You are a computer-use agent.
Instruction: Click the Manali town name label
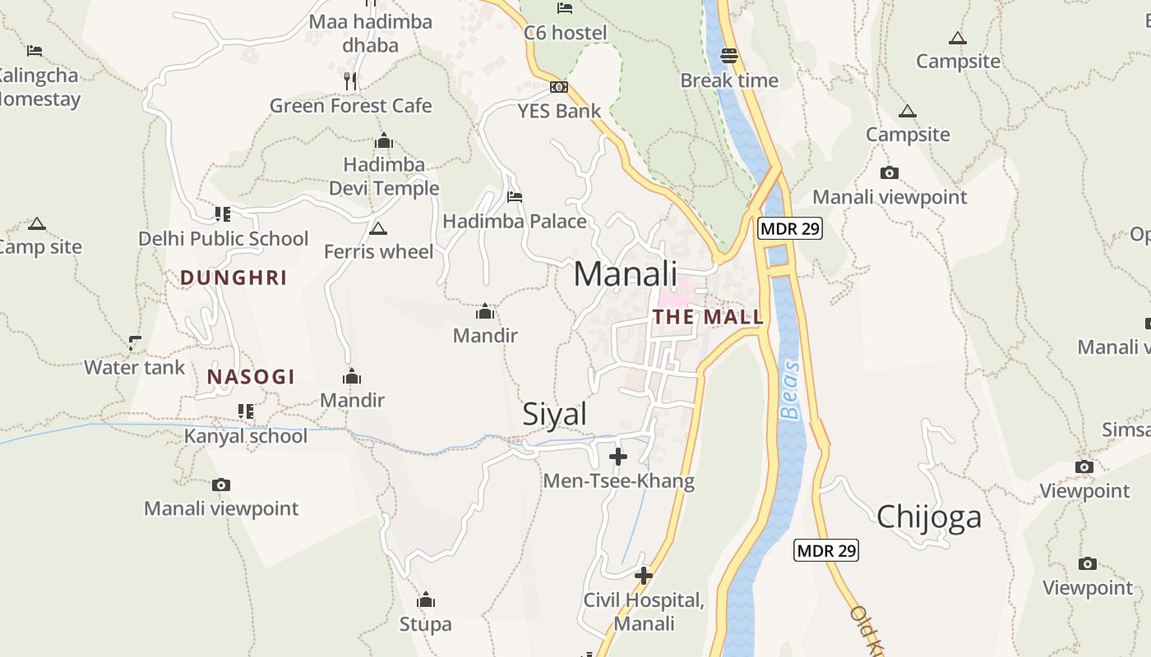click(625, 274)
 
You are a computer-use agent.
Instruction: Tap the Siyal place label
click(555, 415)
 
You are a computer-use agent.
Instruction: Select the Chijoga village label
click(929, 517)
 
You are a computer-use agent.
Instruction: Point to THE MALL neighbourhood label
click(708, 317)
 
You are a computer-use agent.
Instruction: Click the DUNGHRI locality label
click(233, 278)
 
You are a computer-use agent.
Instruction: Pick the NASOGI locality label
click(251, 377)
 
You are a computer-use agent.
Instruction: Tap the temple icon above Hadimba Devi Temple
click(384, 141)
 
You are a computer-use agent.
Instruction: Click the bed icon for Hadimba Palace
click(515, 197)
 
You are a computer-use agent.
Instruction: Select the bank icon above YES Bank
click(559, 87)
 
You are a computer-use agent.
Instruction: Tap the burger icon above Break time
click(729, 56)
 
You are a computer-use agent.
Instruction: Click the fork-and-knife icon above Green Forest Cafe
click(350, 80)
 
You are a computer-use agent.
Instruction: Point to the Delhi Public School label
click(223, 239)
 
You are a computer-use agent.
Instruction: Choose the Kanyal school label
click(245, 436)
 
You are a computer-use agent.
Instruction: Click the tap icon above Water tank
click(135, 342)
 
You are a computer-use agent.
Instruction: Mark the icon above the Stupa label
click(426, 600)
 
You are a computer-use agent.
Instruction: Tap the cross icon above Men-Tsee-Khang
click(618, 456)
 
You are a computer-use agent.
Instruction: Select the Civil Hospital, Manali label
click(644, 612)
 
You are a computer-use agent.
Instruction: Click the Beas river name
click(790, 390)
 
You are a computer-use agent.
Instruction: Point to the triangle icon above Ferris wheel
click(378, 228)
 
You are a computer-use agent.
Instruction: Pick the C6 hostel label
click(566, 33)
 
